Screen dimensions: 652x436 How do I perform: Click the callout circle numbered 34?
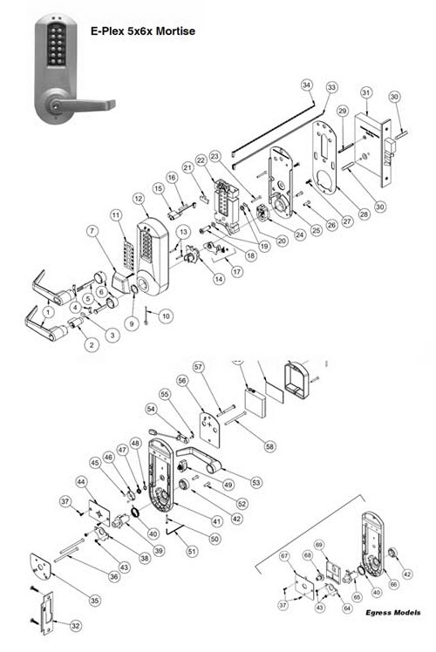pos(306,85)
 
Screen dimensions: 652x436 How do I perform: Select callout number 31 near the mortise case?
pos(366,92)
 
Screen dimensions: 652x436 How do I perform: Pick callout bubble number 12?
pos(139,200)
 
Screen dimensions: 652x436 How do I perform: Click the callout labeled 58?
pos(269,446)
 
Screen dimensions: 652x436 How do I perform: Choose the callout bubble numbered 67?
pos(283,556)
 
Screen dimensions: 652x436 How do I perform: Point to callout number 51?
pos(192,551)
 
